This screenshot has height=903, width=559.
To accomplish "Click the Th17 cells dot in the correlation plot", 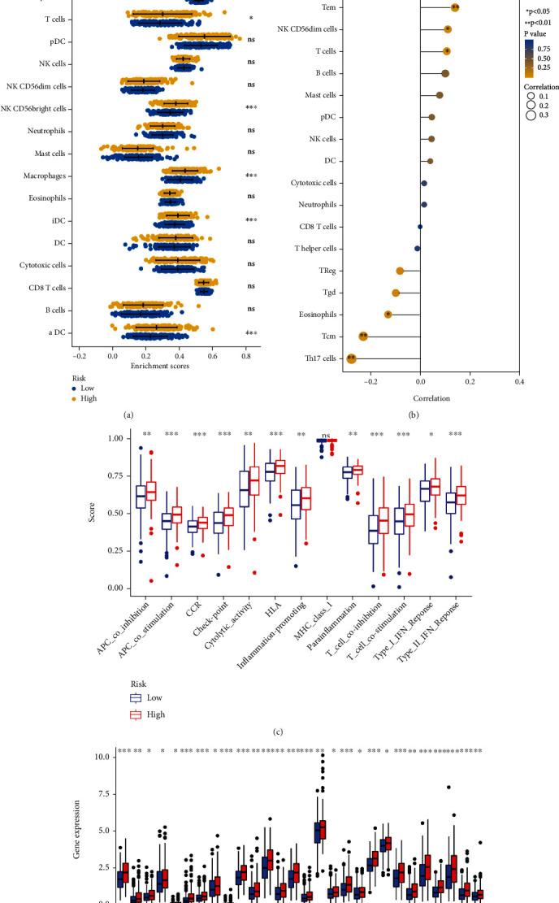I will (351, 358).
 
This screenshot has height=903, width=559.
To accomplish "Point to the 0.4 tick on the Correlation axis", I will (518, 380).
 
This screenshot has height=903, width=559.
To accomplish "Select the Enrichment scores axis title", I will (160, 366).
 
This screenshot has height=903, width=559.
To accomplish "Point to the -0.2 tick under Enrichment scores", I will (77, 355).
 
